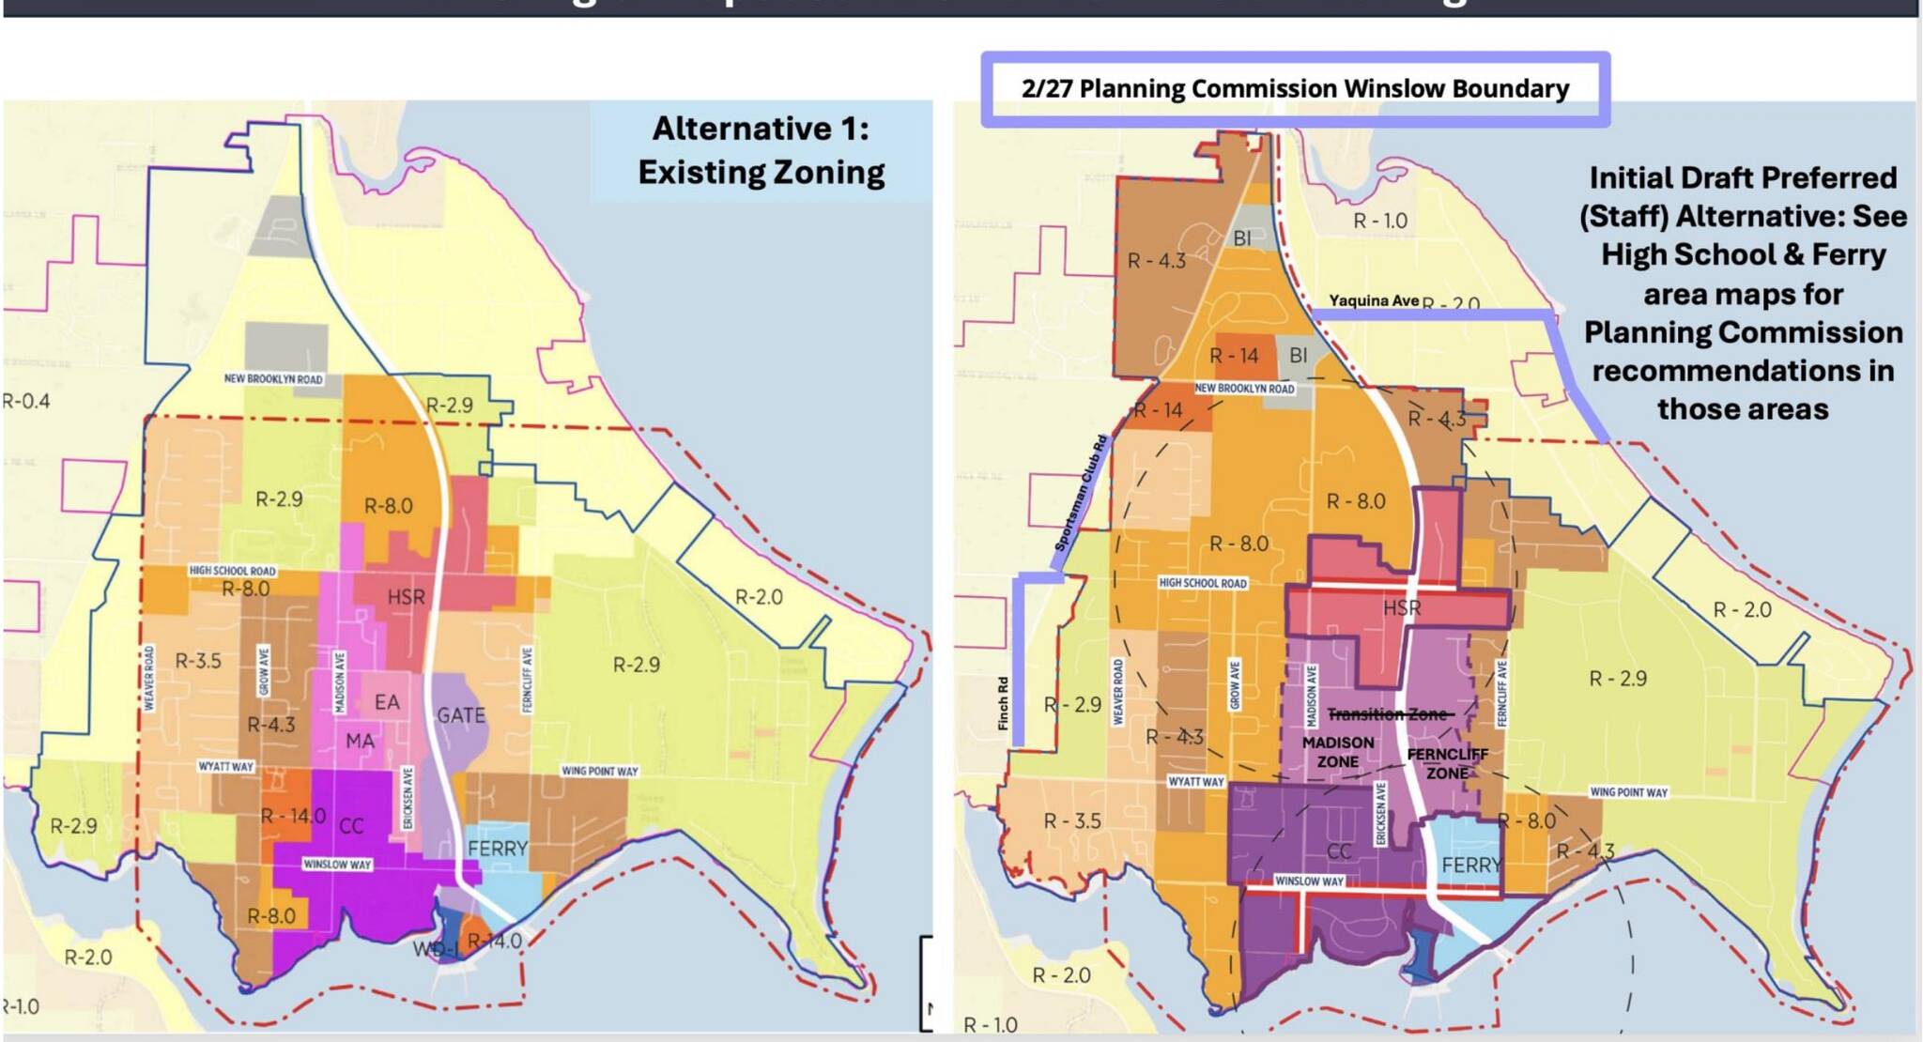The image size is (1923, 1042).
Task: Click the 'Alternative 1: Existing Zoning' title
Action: (x=761, y=150)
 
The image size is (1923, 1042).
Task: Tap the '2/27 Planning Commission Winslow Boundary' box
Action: (x=1295, y=89)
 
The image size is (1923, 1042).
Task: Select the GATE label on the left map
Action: (x=461, y=715)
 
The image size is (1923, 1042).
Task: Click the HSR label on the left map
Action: (x=406, y=597)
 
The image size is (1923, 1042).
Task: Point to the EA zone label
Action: (x=387, y=702)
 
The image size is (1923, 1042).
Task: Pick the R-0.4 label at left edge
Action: (x=26, y=402)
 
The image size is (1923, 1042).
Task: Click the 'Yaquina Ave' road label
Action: (x=1374, y=300)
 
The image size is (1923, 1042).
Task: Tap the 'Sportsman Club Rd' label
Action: (x=1081, y=494)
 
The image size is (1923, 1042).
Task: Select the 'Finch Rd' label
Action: (x=1003, y=704)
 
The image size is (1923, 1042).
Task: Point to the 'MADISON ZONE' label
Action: (x=1338, y=752)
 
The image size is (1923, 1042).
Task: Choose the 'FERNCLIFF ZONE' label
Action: (x=1447, y=764)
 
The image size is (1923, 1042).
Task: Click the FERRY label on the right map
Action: (x=1471, y=865)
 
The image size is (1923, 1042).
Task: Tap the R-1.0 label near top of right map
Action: (x=1379, y=221)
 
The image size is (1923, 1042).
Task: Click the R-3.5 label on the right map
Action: (x=1072, y=821)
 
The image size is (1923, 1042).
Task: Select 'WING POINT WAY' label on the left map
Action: (x=599, y=771)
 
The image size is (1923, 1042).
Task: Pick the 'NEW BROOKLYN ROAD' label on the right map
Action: (x=1244, y=388)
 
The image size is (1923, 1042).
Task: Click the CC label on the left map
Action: (x=351, y=826)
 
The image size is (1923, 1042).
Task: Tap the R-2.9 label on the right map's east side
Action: (x=1617, y=678)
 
